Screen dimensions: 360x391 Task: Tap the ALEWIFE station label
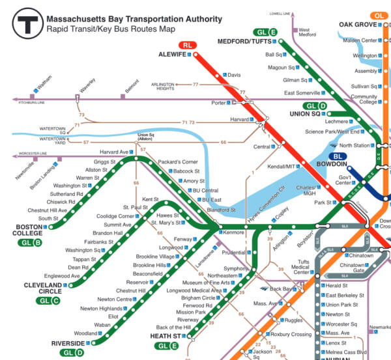tap(171, 55)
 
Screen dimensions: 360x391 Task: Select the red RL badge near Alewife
tap(188, 44)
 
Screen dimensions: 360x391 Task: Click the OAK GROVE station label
tap(358, 25)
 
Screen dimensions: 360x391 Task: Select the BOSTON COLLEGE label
tap(28, 231)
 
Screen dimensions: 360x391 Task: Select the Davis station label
tap(234, 75)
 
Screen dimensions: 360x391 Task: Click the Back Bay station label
tap(282, 288)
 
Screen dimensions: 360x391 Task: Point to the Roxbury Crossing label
tap(292, 335)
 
